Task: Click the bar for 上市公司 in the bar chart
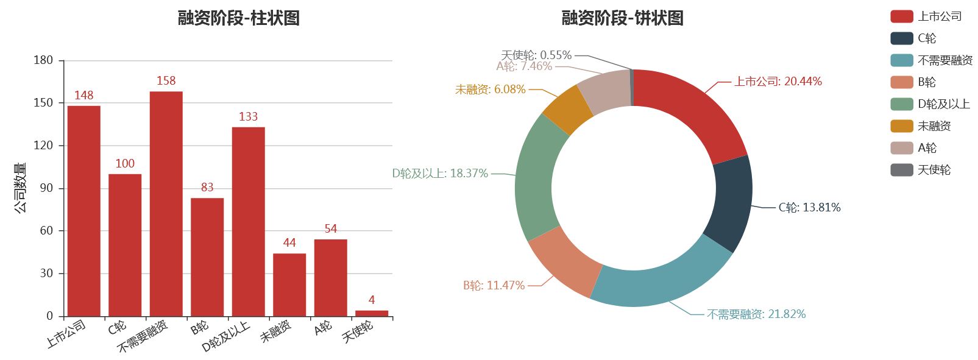pos(84,211)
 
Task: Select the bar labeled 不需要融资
pos(166,203)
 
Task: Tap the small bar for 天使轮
pos(372,313)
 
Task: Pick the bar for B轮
pos(207,256)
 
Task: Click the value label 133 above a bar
pos(248,117)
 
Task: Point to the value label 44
pos(289,243)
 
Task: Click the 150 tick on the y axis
pos(43,103)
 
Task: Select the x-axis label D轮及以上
pos(226,336)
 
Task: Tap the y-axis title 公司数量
pos(21,188)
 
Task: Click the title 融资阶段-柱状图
pos(238,18)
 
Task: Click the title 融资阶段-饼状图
pos(622,18)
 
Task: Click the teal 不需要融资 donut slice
pos(661,280)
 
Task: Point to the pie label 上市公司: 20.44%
pos(778,82)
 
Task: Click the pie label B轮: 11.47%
pos(494,286)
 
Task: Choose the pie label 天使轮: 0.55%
pos(536,55)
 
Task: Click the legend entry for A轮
pos(926,148)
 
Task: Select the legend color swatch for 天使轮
pos(901,170)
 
